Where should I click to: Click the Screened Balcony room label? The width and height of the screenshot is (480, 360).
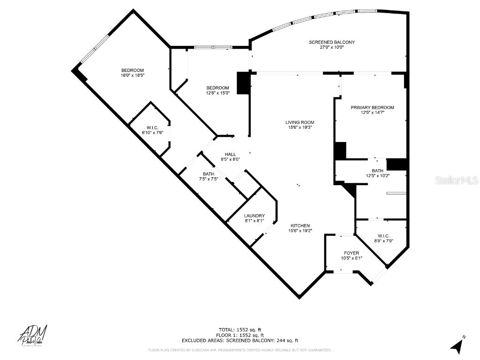[x=331, y=42]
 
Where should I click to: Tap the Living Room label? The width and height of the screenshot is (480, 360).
[x=300, y=122]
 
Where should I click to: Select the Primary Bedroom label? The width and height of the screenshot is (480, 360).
[x=372, y=107]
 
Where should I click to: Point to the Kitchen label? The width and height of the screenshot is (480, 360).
[x=300, y=225]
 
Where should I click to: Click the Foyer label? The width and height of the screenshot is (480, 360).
[x=351, y=253]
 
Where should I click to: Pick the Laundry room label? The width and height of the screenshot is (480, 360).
[x=254, y=216]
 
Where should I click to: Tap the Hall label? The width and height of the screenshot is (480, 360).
[x=230, y=154]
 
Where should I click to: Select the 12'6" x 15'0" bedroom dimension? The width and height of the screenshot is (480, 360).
[x=218, y=93]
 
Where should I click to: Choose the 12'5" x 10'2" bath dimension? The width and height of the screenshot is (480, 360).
[x=378, y=176]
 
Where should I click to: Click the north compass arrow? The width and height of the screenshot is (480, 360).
[x=457, y=346]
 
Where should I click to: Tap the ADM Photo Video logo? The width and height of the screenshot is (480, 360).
[x=33, y=336]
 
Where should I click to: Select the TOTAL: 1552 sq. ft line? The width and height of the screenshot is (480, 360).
[x=240, y=329]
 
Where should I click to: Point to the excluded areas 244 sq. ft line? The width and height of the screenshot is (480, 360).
[x=240, y=341]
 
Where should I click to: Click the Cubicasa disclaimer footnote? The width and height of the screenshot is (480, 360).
[x=240, y=350]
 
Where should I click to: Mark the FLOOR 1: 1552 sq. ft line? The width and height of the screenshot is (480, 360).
[x=240, y=335]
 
